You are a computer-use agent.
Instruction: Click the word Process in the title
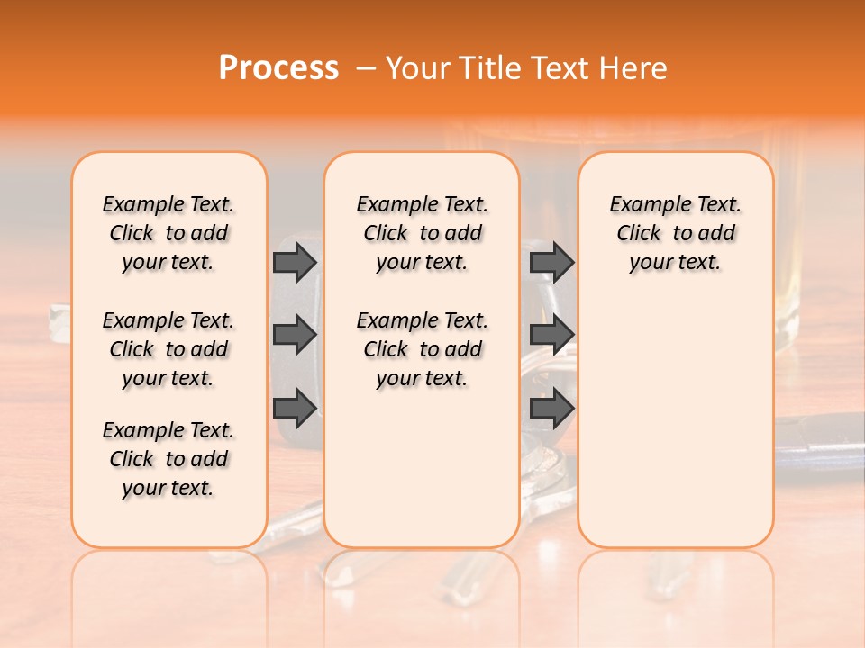tap(278, 68)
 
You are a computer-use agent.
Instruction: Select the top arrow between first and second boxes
tap(295, 262)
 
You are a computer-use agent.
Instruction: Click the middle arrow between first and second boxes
tap(295, 335)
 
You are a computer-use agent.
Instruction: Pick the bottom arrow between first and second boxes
tap(295, 408)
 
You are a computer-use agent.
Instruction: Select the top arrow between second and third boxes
tap(551, 262)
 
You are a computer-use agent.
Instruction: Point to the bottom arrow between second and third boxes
tap(551, 408)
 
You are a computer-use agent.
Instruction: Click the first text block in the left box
tap(168, 233)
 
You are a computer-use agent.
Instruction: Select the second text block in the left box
tap(168, 349)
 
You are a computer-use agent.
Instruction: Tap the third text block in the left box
tap(168, 459)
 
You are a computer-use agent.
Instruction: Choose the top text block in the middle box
tap(422, 233)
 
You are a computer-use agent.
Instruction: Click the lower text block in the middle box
tap(422, 349)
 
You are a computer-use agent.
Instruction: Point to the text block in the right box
tap(676, 233)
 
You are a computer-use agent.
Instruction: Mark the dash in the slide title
tap(367, 68)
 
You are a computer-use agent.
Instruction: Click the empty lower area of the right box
tap(676, 423)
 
